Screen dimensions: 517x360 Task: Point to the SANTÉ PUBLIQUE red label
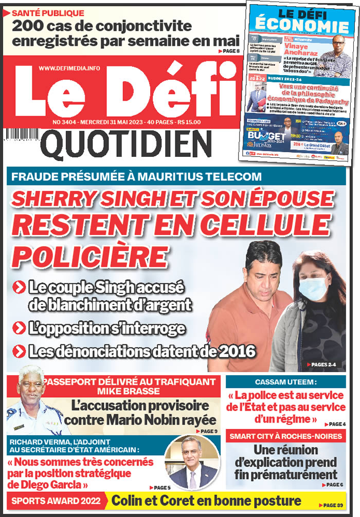[48, 12]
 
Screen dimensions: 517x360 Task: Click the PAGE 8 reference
[229, 51]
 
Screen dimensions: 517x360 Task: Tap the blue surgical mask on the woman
[313, 287]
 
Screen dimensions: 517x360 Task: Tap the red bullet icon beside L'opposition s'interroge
[20, 327]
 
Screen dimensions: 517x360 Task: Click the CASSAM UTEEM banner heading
[285, 382]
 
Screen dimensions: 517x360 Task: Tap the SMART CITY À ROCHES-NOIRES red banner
[285, 436]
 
